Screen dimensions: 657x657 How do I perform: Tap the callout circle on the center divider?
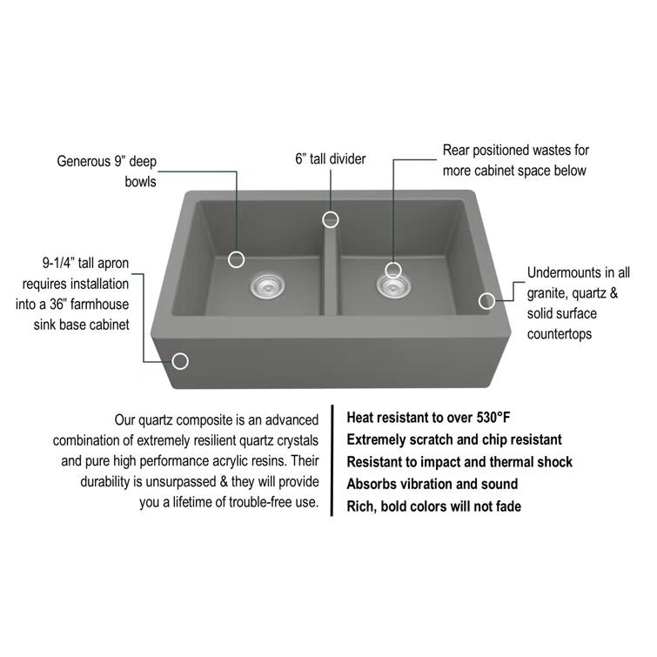331,218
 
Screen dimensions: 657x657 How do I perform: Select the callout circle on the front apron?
181,360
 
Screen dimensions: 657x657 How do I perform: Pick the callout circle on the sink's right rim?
486,300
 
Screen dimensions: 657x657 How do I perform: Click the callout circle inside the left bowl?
237,258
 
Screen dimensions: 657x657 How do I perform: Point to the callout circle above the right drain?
393,269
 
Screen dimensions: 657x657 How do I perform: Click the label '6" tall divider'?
330,158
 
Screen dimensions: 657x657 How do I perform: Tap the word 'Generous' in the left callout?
85,161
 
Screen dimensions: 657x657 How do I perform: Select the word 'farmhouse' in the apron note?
101,305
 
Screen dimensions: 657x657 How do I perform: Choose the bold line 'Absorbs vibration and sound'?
432,484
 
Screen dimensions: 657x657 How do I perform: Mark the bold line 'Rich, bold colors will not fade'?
433,506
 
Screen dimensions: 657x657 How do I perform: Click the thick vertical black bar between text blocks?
332,460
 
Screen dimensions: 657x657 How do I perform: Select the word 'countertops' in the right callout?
560,334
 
